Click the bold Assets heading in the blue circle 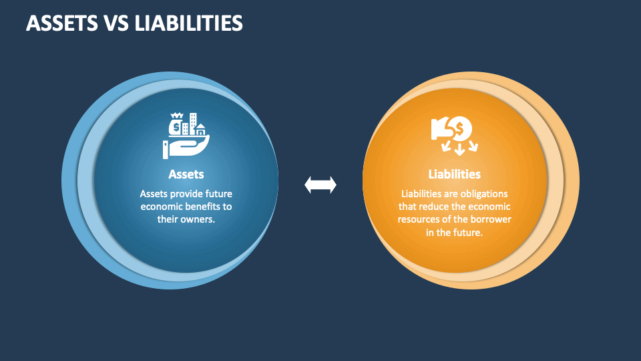[x=186, y=174]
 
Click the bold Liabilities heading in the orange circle [x=454, y=174]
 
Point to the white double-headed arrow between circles [x=320, y=185]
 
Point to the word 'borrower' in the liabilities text [x=491, y=219]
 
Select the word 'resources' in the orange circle [x=418, y=219]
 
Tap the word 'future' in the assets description [x=218, y=193]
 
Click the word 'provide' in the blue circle [x=182, y=193]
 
